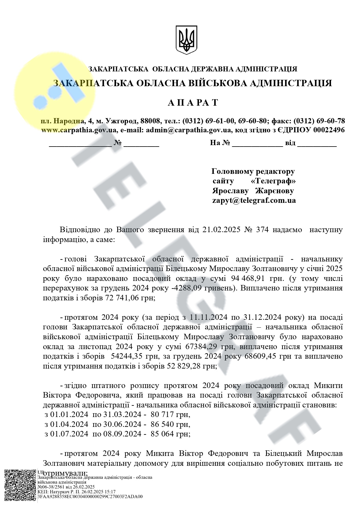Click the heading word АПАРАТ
[x=193, y=103]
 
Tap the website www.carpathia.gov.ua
[x=79, y=130]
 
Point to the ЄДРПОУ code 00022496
[x=329, y=130]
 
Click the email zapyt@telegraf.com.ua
[x=254, y=200]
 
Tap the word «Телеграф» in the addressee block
[x=273, y=181]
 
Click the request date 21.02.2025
[x=222, y=230]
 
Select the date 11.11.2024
[x=208, y=317]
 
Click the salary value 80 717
[x=163, y=414]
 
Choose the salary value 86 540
[x=163, y=424]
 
